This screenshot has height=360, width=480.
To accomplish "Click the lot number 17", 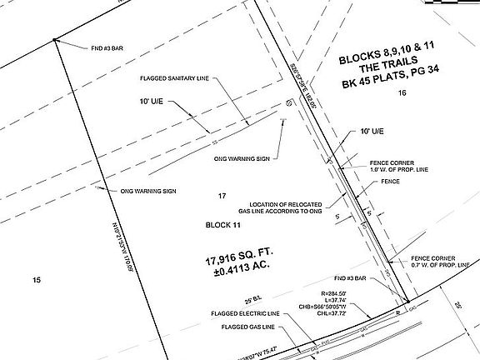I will [x=222, y=196].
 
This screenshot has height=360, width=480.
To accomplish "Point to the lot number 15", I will [x=36, y=280].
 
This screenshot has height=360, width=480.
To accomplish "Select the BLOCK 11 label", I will [x=222, y=225].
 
